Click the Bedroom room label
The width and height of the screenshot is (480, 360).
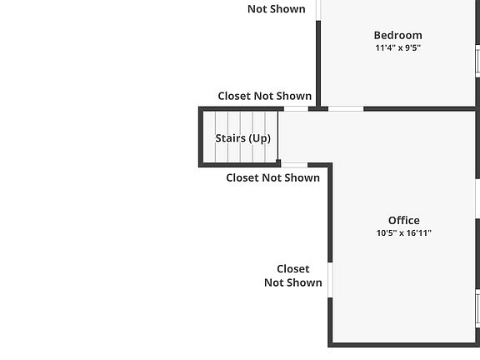(398, 35)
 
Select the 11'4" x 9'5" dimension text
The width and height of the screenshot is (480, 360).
(398, 47)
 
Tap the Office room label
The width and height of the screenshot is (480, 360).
(404, 220)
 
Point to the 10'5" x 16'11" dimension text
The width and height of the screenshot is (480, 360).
(404, 233)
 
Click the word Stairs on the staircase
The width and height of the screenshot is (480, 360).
(231, 138)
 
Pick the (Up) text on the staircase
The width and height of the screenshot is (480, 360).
(260, 138)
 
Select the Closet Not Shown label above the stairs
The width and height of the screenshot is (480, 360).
(265, 96)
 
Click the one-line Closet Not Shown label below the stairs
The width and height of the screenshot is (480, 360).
(273, 177)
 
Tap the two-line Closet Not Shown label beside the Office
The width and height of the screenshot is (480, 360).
(293, 276)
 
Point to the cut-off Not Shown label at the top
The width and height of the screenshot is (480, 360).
(277, 9)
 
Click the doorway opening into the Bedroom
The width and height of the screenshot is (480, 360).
(346, 108)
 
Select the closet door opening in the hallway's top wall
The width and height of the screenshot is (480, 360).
(296, 108)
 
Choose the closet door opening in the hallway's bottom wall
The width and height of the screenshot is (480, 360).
(294, 165)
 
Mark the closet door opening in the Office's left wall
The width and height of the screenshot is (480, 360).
(330, 280)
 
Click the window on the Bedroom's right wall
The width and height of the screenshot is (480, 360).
(477, 61)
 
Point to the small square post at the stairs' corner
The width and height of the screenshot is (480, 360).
(278, 162)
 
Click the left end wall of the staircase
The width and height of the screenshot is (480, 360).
(201, 137)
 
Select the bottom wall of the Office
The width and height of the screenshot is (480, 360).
(404, 345)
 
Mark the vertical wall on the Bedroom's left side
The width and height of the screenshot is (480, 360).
(318, 63)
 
